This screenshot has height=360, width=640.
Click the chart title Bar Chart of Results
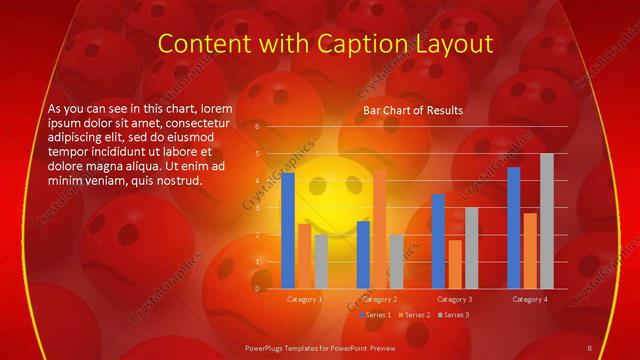coord(412,110)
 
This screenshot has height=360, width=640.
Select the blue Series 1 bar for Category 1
coord(288,230)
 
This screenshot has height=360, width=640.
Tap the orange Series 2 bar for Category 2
coord(379,229)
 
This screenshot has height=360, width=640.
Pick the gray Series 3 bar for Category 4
coord(546,221)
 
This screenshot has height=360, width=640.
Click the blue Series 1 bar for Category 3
coord(438,241)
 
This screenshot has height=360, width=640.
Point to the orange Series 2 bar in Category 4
coord(530,250)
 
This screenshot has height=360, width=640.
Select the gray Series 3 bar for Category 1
coord(320,261)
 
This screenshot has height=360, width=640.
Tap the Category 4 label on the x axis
coord(530,299)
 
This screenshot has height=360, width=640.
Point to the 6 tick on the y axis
coord(258,127)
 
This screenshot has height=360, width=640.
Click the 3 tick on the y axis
coord(258,208)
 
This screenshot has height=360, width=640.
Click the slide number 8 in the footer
coord(590,347)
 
